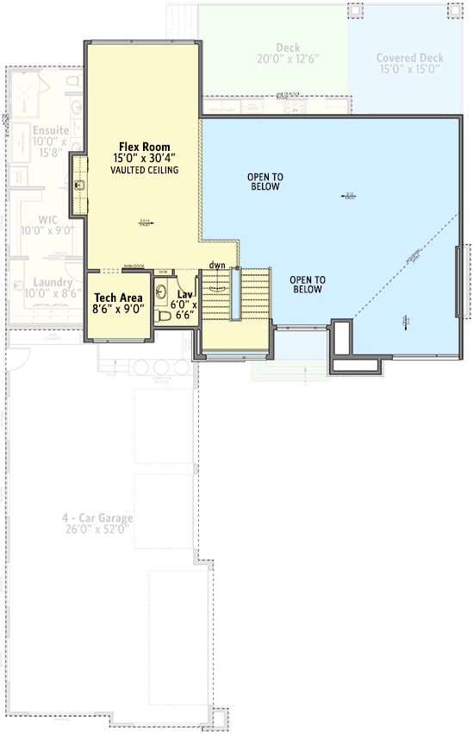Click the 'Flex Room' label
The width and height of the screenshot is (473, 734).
point(144,146)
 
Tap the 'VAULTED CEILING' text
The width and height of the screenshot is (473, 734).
point(144,171)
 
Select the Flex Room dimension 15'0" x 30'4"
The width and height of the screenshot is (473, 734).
point(144,159)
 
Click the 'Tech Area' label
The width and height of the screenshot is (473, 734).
point(118,298)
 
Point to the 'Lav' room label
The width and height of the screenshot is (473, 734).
point(184,294)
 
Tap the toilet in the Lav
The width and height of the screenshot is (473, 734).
point(165,317)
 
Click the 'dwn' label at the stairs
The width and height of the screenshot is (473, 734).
point(216,266)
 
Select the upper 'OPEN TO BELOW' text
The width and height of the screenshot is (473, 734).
point(266,181)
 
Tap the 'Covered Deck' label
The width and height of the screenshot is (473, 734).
point(409,59)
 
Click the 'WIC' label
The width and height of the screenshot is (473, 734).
point(50,220)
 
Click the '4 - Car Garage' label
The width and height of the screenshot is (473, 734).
point(96,518)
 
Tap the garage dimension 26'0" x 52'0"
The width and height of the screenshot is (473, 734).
point(96,530)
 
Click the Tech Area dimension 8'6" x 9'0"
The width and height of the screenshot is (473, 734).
point(118,309)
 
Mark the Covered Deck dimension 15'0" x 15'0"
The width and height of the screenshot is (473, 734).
point(409,71)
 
